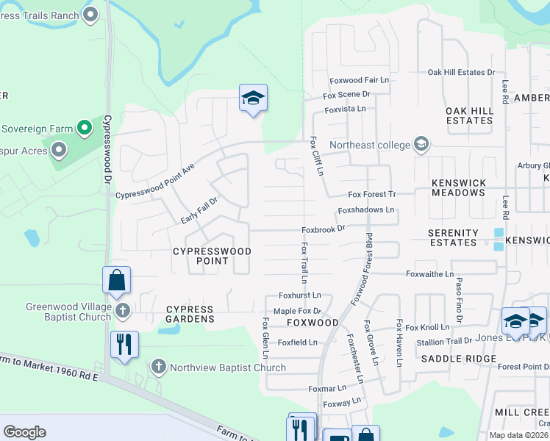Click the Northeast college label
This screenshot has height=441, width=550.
click(x=369, y=145)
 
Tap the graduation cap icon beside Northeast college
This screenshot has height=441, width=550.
click(x=421, y=144)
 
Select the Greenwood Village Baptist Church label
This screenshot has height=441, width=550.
click(x=68, y=312)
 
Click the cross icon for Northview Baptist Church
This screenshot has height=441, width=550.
click(x=158, y=367)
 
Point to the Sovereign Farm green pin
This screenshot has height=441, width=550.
click(x=85, y=129)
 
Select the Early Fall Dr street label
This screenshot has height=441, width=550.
click(x=199, y=211)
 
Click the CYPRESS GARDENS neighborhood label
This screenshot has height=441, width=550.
click(x=190, y=314)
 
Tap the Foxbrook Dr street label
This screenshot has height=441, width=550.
click(x=324, y=229)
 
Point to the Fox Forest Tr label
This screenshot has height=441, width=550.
click(x=372, y=194)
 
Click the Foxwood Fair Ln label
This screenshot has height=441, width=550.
click(x=359, y=79)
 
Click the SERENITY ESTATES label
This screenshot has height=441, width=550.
click(x=453, y=237)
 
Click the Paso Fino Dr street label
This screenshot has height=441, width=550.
click(x=459, y=299)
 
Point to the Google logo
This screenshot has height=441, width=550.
click(x=24, y=432)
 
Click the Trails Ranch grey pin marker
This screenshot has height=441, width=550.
click(x=91, y=15)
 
